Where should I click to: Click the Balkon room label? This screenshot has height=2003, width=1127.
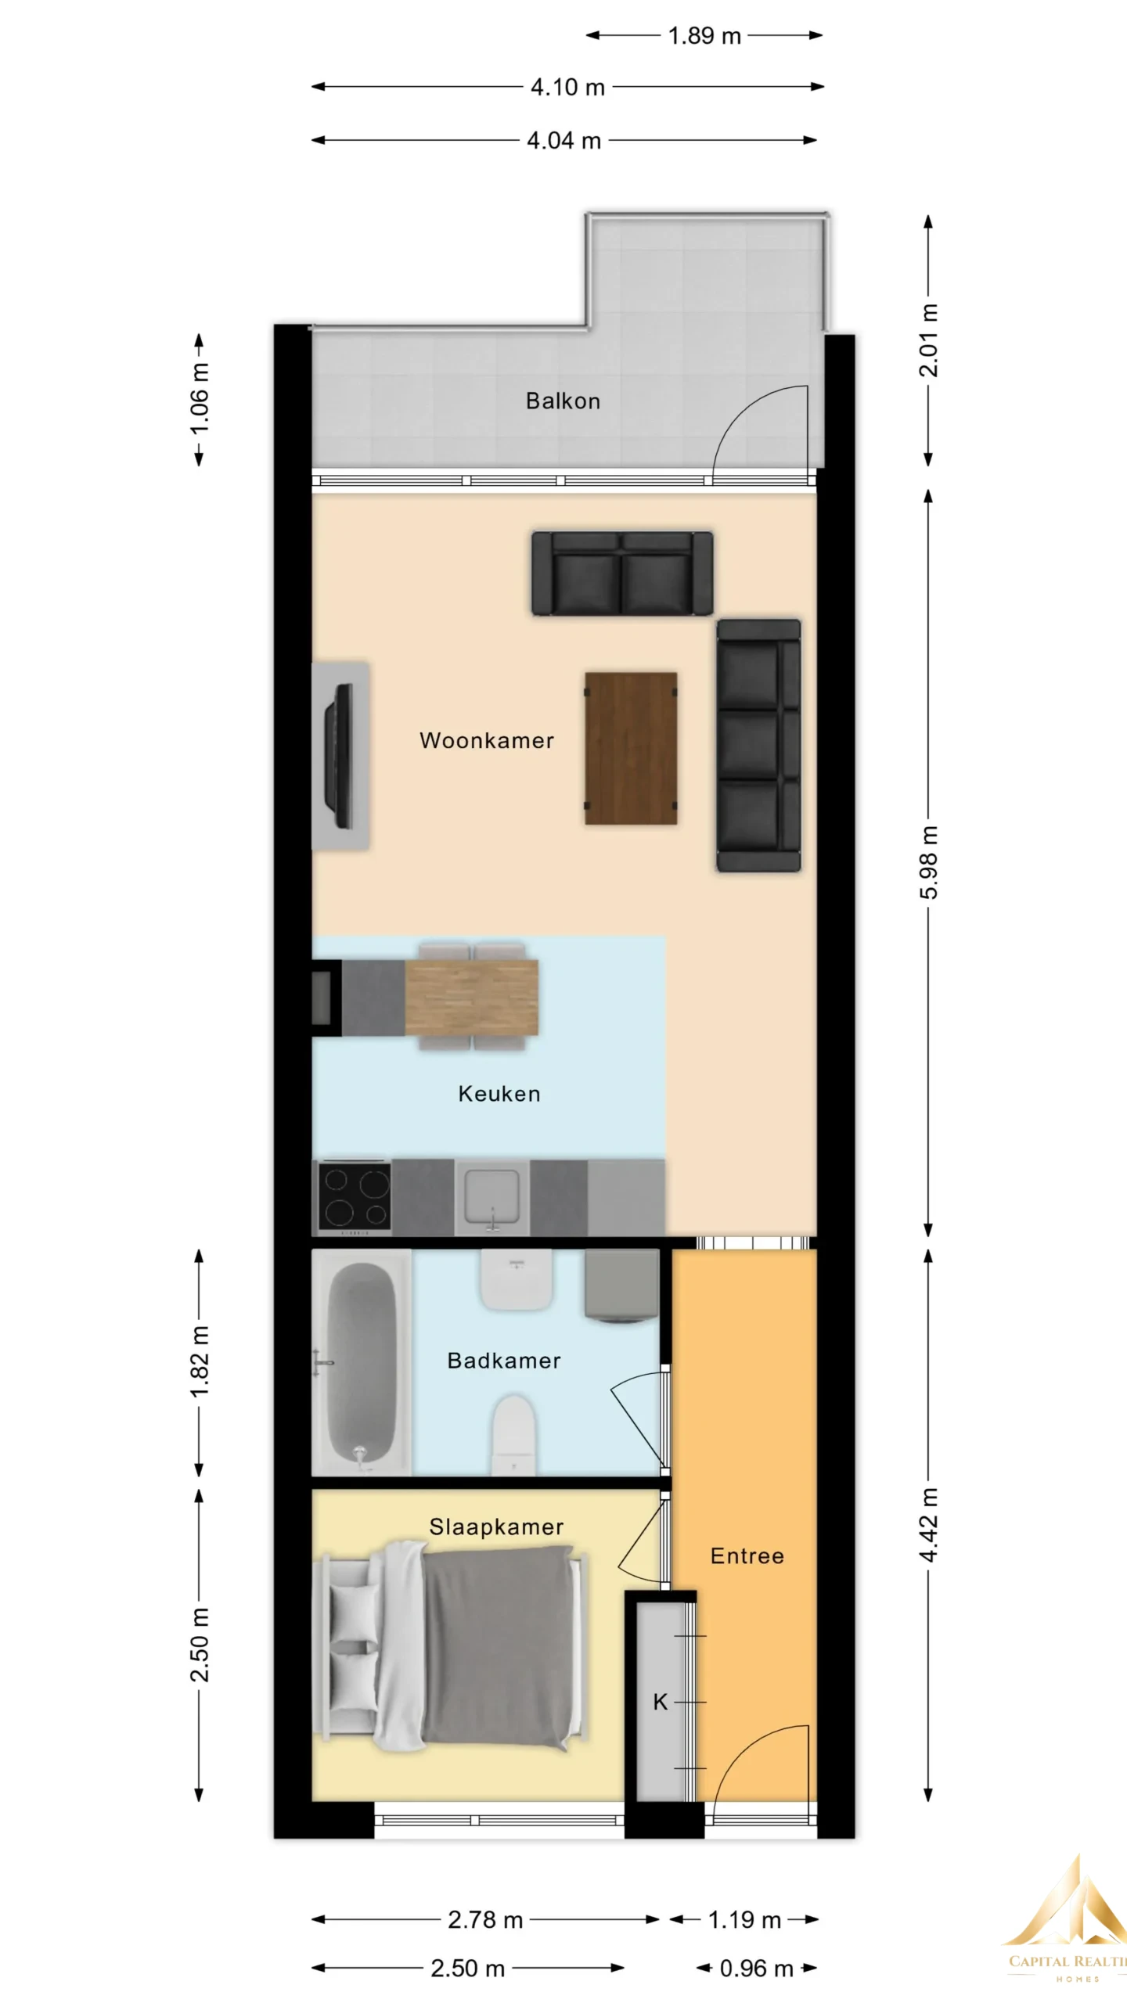coord(563,401)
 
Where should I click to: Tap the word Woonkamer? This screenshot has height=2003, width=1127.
coord(487,740)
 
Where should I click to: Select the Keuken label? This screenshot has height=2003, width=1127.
coord(499,1094)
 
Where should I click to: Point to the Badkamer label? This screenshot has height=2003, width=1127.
coord(504,1361)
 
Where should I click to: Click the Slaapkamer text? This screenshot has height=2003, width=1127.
coord(496,1527)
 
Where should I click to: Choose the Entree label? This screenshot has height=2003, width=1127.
coord(747,1555)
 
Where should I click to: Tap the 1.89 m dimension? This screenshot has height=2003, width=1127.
coord(704,36)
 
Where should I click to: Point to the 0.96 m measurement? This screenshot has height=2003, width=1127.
coord(756,1969)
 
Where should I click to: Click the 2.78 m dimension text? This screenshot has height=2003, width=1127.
coord(485,1920)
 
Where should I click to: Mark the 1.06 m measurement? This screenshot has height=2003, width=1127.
coord(200,399)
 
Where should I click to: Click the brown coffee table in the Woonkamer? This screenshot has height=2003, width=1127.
coord(631,748)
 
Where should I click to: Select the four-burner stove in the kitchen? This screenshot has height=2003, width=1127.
coord(355,1197)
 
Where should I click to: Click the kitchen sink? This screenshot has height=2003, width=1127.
coord(492,1197)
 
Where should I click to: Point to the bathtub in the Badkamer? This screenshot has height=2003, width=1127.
coord(361,1365)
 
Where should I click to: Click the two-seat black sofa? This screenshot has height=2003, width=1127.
coord(622,574)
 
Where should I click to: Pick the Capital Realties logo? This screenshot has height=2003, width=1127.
coord(1066,1924)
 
